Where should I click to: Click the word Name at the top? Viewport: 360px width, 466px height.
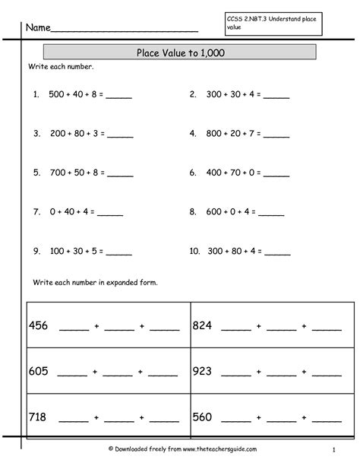click(x=38, y=28)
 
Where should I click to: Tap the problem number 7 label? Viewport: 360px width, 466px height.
click(x=36, y=211)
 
